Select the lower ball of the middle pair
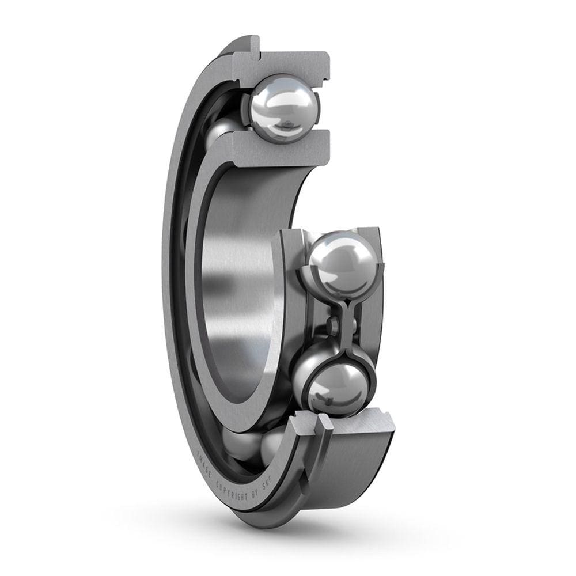[x=338, y=389]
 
